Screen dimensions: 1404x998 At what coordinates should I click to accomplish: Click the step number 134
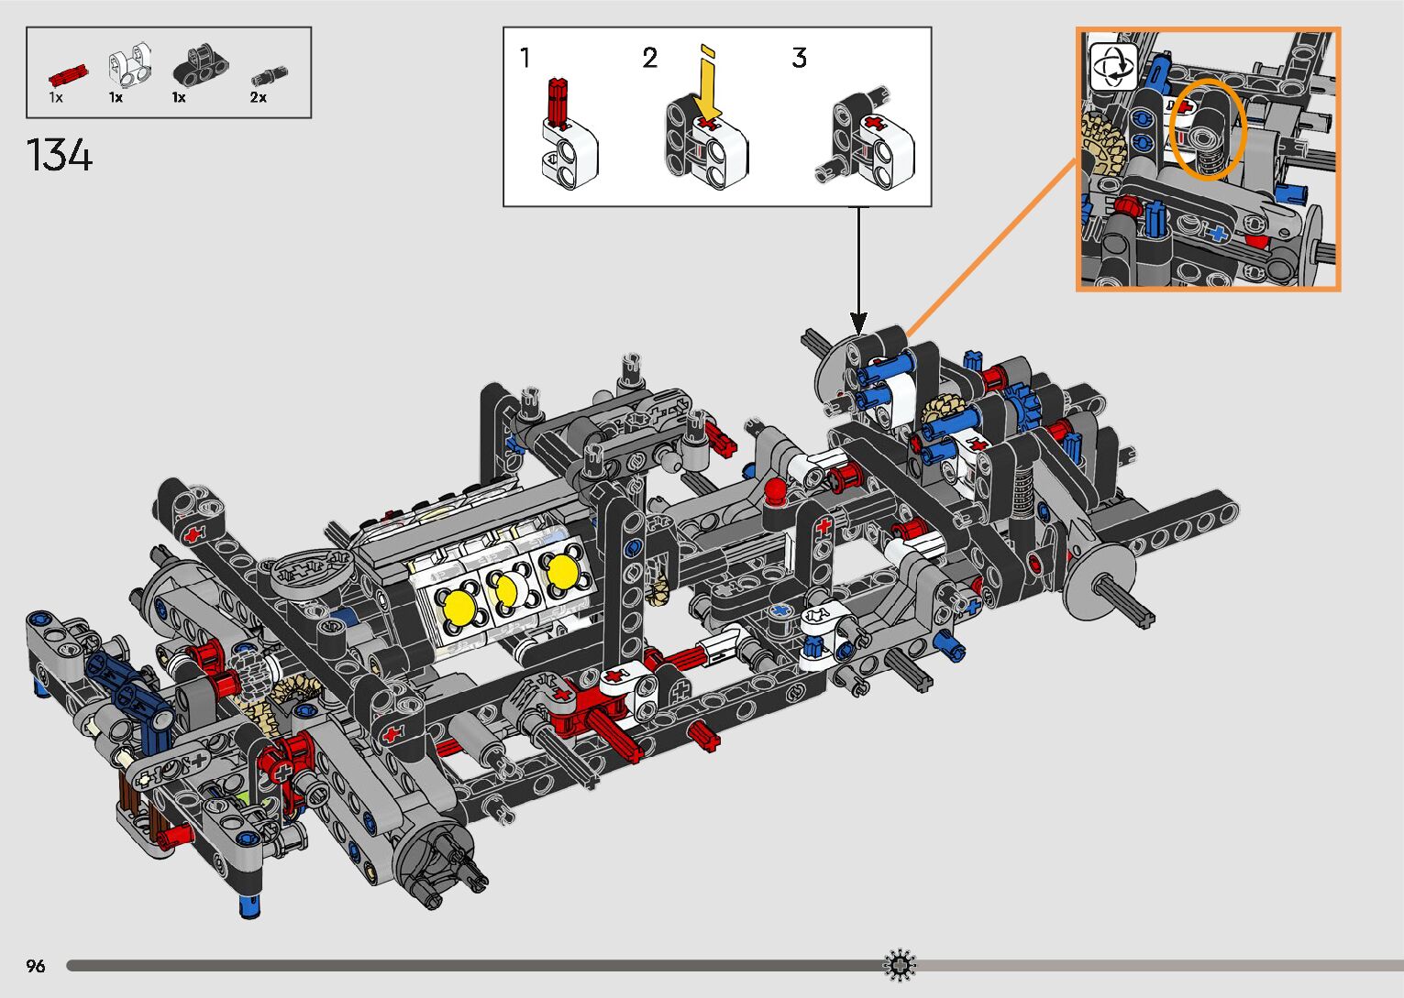pos(59,155)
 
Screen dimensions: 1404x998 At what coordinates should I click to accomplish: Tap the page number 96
pos(36,965)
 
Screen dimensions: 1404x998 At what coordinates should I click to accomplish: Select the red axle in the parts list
pos(68,75)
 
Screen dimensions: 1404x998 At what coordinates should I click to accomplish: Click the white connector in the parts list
pos(129,64)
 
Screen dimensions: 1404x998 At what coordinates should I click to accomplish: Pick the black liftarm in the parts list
pos(201,65)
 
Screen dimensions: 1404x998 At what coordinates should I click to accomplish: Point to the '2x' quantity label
pos(259,97)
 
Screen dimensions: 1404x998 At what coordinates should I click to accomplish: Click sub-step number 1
pos(525,58)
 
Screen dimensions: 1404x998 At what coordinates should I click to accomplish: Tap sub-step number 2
pos(650,59)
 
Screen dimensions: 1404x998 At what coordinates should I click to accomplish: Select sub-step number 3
pos(799,58)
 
